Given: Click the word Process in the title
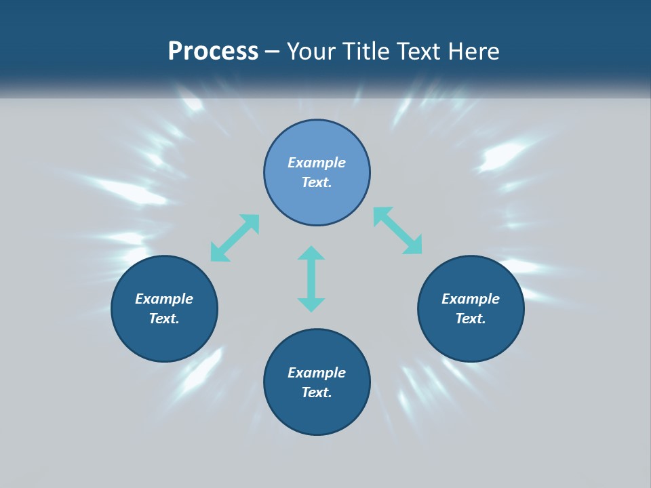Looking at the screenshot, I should [x=213, y=52].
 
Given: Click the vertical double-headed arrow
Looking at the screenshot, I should [x=311, y=279].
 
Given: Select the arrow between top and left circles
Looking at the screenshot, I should [x=235, y=238].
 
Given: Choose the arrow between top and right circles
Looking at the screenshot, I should [x=398, y=230].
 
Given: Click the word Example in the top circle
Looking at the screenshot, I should [x=317, y=163].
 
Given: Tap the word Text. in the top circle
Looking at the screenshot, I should [x=317, y=182].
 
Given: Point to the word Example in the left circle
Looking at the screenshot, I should [x=164, y=299].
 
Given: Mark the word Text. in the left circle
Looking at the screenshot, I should [x=164, y=319].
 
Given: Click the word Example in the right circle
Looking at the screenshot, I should [x=471, y=299].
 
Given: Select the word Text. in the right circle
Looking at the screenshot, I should [x=471, y=319].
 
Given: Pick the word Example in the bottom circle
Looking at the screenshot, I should [x=317, y=373].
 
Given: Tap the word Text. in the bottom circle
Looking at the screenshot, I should [x=317, y=392].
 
